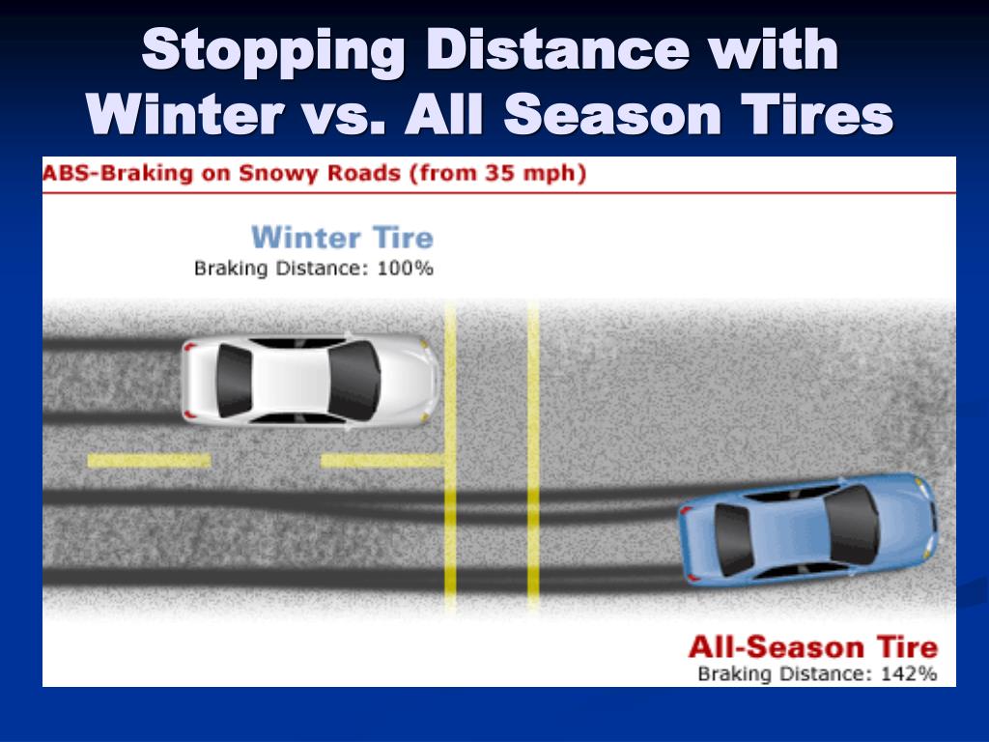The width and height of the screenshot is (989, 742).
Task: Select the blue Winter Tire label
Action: pos(342,238)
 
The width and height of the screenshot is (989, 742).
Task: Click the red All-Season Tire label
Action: pos(811,646)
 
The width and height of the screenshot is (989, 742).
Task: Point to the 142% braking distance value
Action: pos(909,673)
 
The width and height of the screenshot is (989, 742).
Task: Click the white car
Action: pos(309,379)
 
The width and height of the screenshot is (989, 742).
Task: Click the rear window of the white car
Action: pos(234,380)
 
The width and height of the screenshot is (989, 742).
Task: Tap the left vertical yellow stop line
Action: pos(450,454)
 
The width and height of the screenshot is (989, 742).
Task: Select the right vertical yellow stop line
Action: pos(533,454)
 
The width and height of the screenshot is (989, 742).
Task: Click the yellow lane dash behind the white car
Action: pos(149,461)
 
